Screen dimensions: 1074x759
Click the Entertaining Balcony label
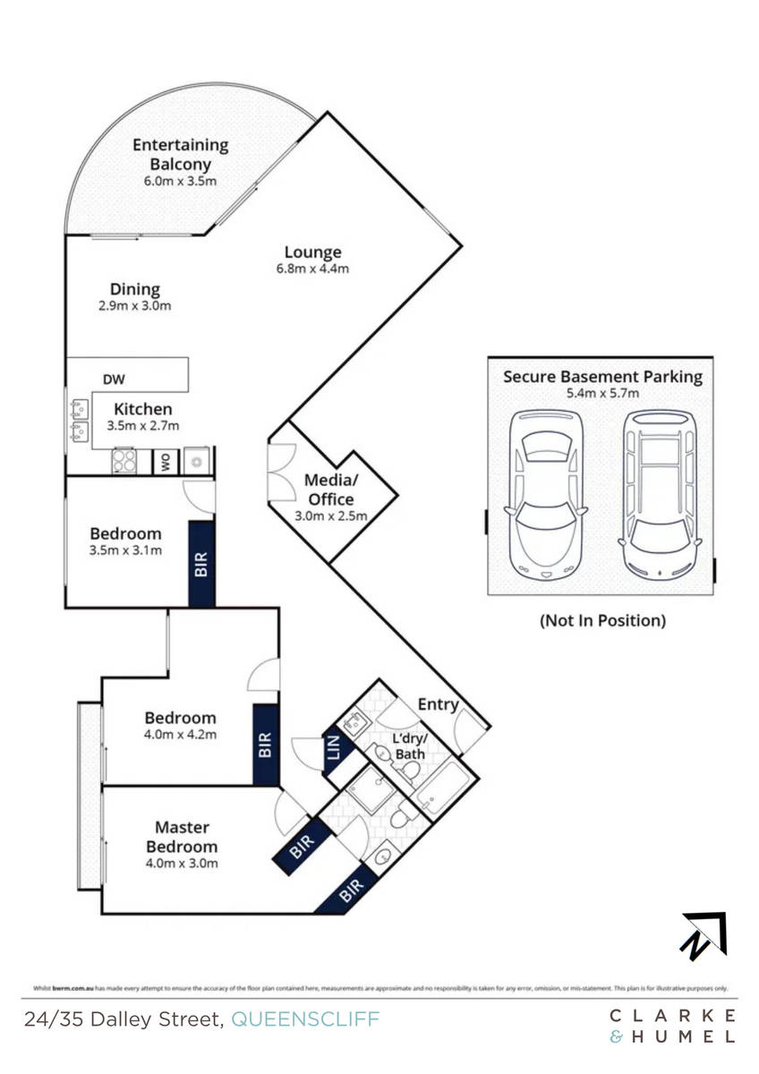[181, 154]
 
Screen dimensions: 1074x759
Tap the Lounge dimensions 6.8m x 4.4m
[312, 268]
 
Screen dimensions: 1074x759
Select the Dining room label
[135, 289]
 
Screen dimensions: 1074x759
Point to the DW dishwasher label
[114, 379]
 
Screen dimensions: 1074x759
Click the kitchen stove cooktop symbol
[123, 461]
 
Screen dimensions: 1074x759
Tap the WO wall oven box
[166, 462]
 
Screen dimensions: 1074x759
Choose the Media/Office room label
[331, 490]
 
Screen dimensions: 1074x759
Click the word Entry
[438, 704]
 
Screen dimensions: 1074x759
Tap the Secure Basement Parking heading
[602, 376]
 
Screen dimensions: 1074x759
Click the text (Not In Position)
[601, 620]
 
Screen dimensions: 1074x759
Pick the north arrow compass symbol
[704, 934]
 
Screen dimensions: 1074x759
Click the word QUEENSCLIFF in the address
[305, 1019]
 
